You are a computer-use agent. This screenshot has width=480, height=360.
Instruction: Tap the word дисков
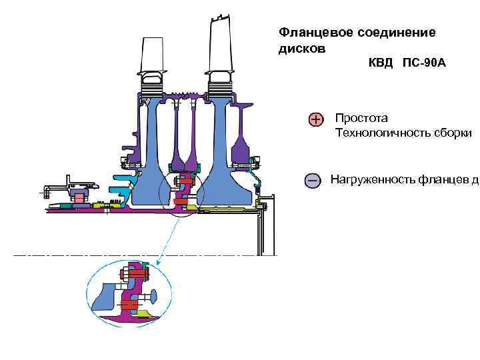(x=301, y=49)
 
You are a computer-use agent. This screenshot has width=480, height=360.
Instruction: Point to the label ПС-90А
(x=424, y=64)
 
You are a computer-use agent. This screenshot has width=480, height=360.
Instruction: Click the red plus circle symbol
(x=315, y=119)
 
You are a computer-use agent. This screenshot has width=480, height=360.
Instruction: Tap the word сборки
(x=455, y=133)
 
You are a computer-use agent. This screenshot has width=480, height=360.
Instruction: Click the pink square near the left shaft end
(x=79, y=198)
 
